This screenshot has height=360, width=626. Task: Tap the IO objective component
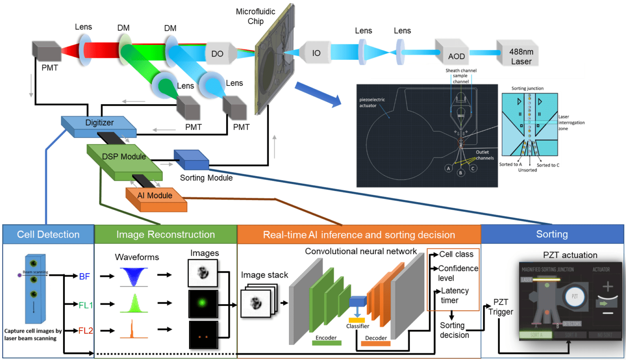pyautogui.click(x=315, y=53)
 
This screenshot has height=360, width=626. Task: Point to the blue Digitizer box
pyautogui.click(x=99, y=124)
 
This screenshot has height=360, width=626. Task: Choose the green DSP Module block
pyautogui.click(x=124, y=160)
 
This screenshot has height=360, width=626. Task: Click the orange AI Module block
pyautogui.click(x=155, y=198)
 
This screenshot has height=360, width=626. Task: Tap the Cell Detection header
pyautogui.click(x=48, y=235)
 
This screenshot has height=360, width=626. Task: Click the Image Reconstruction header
pyautogui.click(x=165, y=235)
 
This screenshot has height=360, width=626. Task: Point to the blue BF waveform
pyautogui.click(x=134, y=277)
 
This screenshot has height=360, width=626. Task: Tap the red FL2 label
pyautogui.click(x=86, y=331)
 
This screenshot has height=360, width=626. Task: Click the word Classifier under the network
pyautogui.click(x=357, y=326)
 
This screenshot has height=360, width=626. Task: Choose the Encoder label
pyautogui.click(x=326, y=338)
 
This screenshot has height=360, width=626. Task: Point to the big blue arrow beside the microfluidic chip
pyautogui.click(x=318, y=94)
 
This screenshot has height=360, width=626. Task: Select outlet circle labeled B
pyautogui.click(x=461, y=173)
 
